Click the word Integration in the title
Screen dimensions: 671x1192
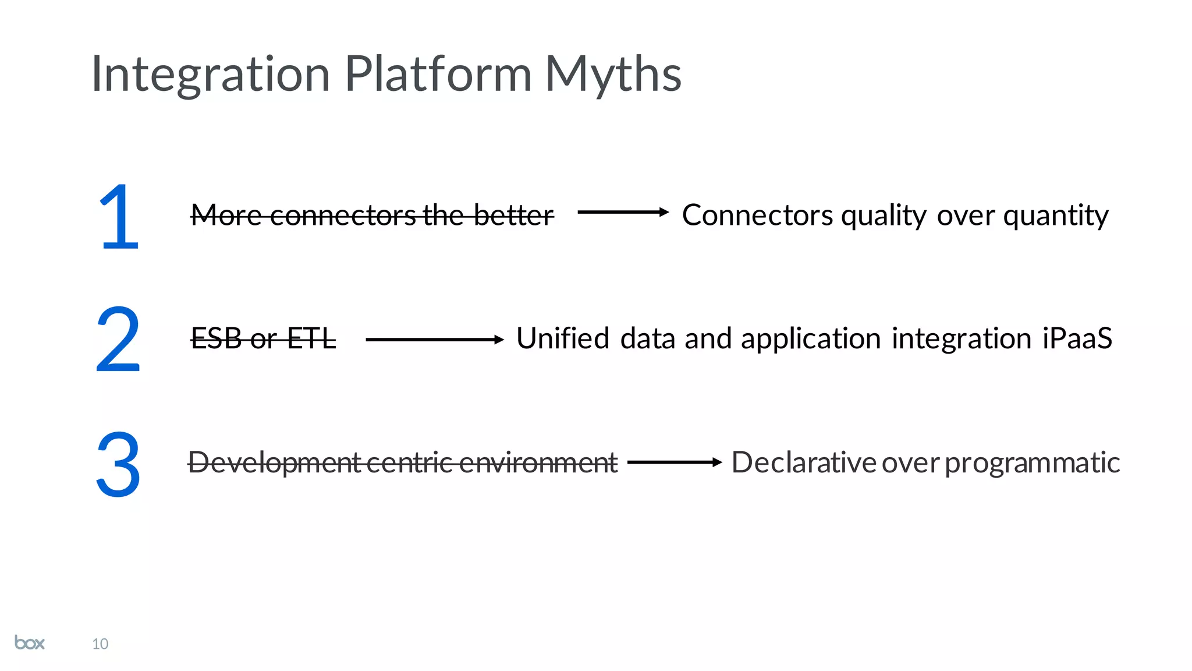(x=211, y=75)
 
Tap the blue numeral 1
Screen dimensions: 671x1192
(x=119, y=216)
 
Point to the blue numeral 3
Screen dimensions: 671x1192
(x=118, y=464)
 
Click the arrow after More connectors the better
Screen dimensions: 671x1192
(x=623, y=212)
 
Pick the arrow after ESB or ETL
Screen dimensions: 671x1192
(x=434, y=339)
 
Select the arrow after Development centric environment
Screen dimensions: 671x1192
(x=675, y=462)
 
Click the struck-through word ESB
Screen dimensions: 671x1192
(x=217, y=338)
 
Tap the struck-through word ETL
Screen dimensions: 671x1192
(x=311, y=338)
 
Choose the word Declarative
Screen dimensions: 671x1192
(x=804, y=462)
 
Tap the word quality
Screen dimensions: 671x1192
(x=884, y=216)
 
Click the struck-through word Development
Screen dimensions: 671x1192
(x=275, y=462)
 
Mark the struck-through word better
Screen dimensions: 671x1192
(x=513, y=215)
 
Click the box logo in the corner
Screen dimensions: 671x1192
(x=30, y=642)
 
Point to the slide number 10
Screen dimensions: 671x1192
(x=100, y=644)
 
